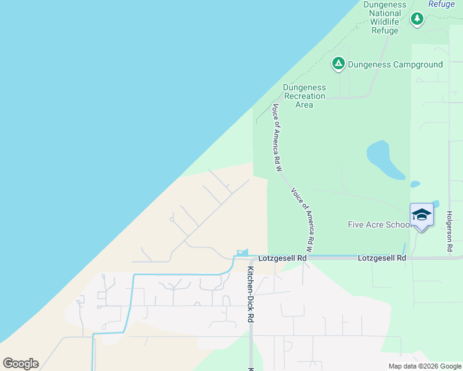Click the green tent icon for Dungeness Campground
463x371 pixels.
338,64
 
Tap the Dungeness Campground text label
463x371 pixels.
395,64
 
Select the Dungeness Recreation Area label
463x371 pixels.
304,96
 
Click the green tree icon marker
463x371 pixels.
417,19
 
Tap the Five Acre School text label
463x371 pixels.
379,224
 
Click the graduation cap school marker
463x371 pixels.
422,215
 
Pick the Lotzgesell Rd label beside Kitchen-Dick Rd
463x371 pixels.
283,257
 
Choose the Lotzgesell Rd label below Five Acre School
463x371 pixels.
382,257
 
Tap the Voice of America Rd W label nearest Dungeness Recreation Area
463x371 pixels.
277,137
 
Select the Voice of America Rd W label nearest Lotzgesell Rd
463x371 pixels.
303,216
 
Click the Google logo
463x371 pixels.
20,364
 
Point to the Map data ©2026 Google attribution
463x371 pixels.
424,366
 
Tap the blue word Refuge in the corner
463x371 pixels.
442,3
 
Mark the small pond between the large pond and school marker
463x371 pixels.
415,184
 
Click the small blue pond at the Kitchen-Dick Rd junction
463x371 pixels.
242,252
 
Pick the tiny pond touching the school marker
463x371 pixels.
436,203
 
